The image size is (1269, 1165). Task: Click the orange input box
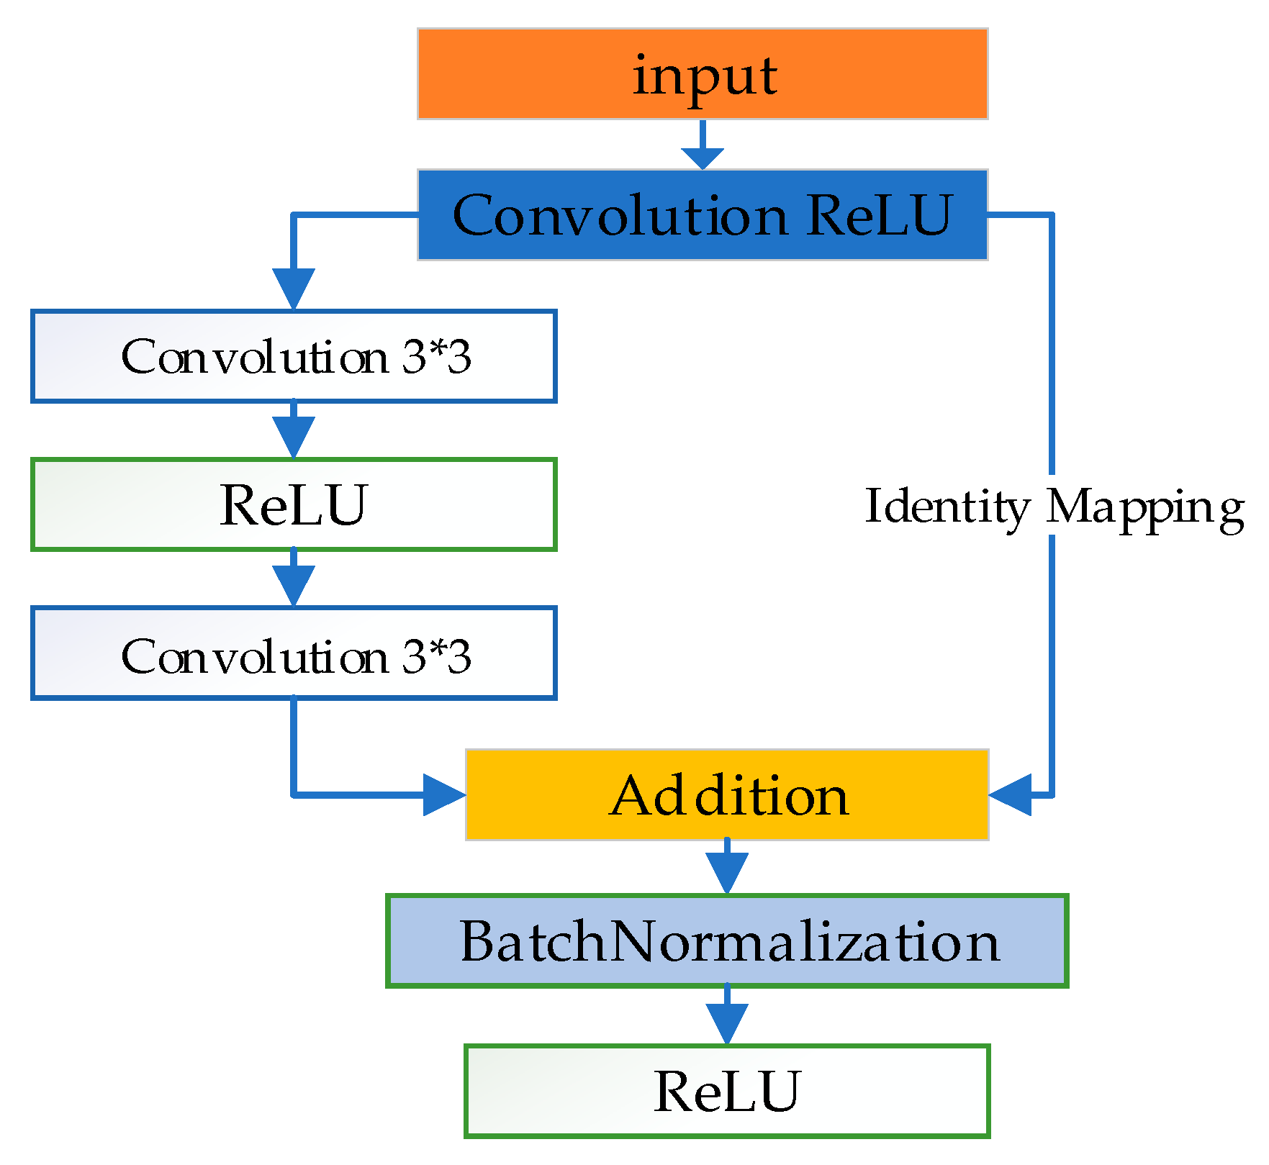tap(702, 74)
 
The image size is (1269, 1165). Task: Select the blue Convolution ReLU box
tap(702, 215)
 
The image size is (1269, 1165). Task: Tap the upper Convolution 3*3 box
tap(294, 356)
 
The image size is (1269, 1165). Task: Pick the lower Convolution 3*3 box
tap(294, 653)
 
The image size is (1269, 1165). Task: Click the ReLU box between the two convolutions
tap(294, 504)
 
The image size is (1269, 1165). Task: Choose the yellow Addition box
tap(727, 795)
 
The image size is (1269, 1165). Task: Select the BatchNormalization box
tap(727, 940)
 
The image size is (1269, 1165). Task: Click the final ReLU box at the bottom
tap(727, 1091)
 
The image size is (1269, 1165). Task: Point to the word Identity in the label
tap(947, 507)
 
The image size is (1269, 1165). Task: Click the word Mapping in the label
tap(1144, 507)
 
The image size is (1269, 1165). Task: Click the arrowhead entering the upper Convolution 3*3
tap(294, 288)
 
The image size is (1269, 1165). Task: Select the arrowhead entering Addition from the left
tap(443, 795)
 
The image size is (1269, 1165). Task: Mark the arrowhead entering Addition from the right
tap(1012, 795)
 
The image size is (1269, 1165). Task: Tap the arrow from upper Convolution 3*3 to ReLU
tap(294, 433)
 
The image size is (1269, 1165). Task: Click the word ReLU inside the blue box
tap(879, 215)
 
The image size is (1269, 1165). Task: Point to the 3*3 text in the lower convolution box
tap(436, 656)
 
